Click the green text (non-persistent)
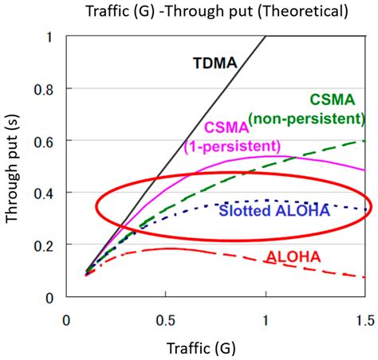point(305,119)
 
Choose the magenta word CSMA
point(227,127)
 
